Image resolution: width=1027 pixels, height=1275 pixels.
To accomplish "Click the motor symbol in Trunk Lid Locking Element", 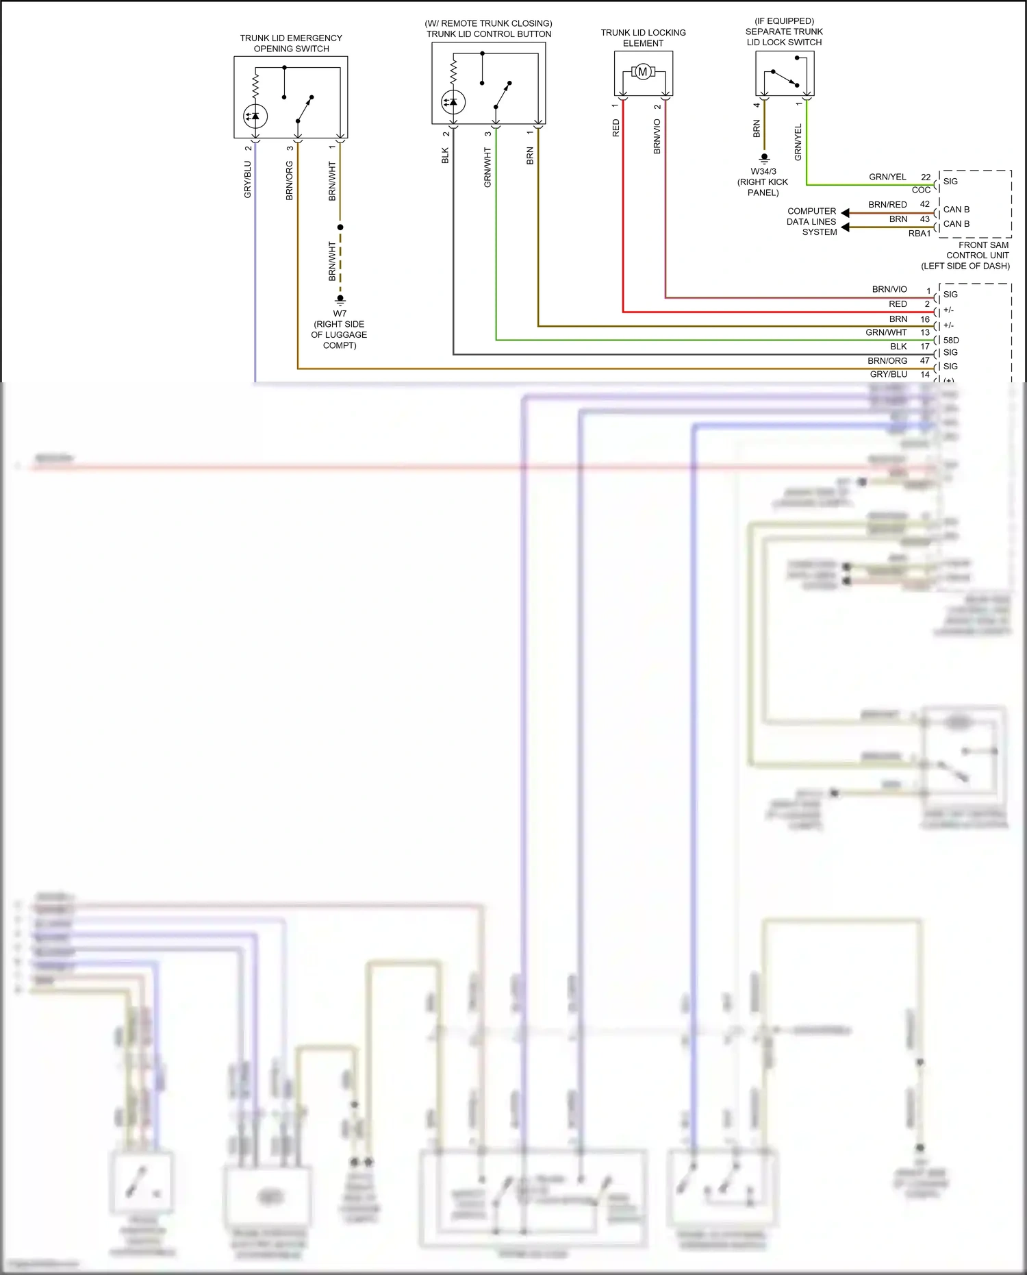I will [642, 72].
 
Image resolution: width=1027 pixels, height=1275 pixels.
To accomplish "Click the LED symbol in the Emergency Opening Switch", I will [255, 116].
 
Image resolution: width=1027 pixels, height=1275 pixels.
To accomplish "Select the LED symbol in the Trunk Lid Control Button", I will [453, 102].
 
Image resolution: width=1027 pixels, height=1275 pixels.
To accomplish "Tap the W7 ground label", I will [340, 314].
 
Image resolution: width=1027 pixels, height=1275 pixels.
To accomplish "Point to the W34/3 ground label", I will [763, 172].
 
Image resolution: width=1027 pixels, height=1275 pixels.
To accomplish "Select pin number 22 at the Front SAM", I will [926, 177].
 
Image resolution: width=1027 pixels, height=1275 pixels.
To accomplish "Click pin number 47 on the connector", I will [924, 360].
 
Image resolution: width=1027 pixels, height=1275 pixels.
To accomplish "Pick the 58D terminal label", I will [951, 340].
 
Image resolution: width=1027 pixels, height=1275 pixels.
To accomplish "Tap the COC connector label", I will [921, 190].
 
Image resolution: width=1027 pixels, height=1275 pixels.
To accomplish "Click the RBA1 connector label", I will [920, 234].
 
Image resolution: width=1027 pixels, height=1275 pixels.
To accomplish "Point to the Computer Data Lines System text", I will [812, 221].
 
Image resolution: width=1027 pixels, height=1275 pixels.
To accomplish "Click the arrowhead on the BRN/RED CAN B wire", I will [845, 213].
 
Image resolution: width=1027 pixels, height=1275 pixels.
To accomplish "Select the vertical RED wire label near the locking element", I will [616, 128].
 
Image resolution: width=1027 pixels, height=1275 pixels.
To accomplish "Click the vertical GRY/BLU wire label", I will [248, 180].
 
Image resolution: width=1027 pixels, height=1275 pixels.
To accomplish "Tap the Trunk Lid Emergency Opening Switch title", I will [291, 43].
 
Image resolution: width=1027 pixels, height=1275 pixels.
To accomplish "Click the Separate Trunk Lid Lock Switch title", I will [784, 32].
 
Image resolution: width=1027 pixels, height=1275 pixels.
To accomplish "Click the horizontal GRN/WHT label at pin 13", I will [886, 332].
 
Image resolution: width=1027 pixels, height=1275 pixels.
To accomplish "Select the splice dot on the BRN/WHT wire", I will [340, 227].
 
